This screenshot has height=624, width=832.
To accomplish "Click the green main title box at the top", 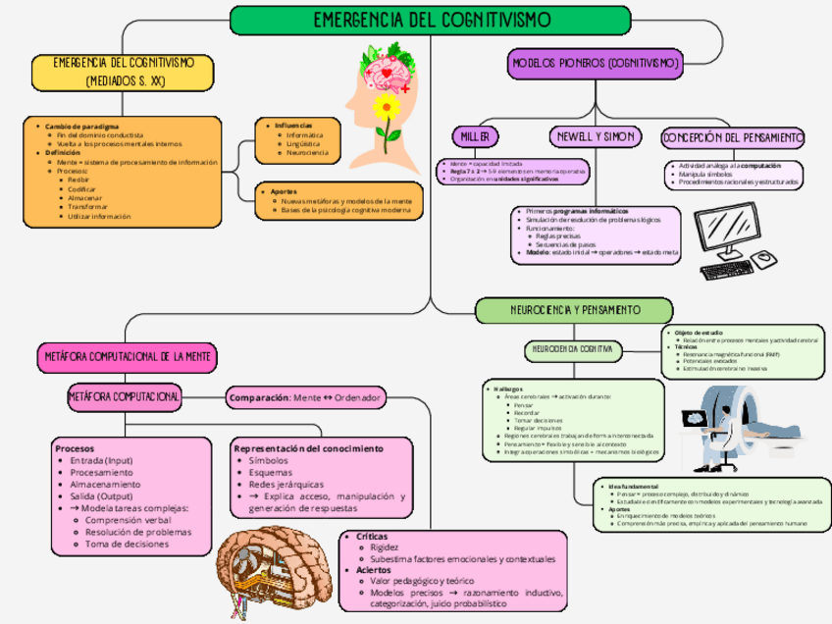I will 431,20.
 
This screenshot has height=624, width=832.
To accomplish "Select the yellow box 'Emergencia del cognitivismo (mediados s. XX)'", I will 123,72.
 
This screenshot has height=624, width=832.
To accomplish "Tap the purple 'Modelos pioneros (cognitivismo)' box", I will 596,65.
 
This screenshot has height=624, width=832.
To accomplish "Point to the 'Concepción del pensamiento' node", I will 732,137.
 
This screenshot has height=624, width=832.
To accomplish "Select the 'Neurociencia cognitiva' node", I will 574,348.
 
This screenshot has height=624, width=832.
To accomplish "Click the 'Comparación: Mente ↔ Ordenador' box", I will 305,398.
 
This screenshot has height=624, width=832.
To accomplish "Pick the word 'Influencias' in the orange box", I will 293,126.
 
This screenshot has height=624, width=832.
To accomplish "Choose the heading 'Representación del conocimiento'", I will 308,448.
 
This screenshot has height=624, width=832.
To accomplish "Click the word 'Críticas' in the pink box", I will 371,537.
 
